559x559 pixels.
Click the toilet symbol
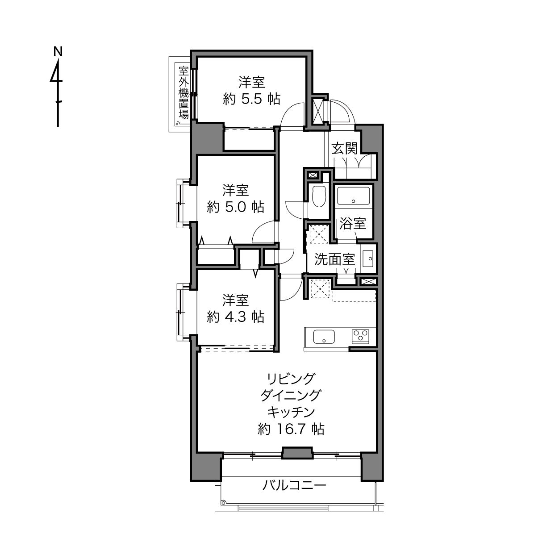[x=319, y=196]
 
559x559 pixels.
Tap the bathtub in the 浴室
[x=353, y=196]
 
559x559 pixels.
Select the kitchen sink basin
[x=324, y=337]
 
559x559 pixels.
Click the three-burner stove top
[x=360, y=337]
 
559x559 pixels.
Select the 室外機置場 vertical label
[x=184, y=92]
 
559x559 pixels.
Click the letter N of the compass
[x=58, y=52]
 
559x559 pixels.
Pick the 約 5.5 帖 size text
[x=251, y=100]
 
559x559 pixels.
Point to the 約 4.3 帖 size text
[x=235, y=317]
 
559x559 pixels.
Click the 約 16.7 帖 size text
[x=291, y=429]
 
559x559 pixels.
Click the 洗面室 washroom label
[x=335, y=259]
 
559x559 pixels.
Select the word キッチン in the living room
[x=291, y=412]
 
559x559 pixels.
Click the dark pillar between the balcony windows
[x=298, y=453]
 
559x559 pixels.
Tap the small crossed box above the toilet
[x=313, y=175]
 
